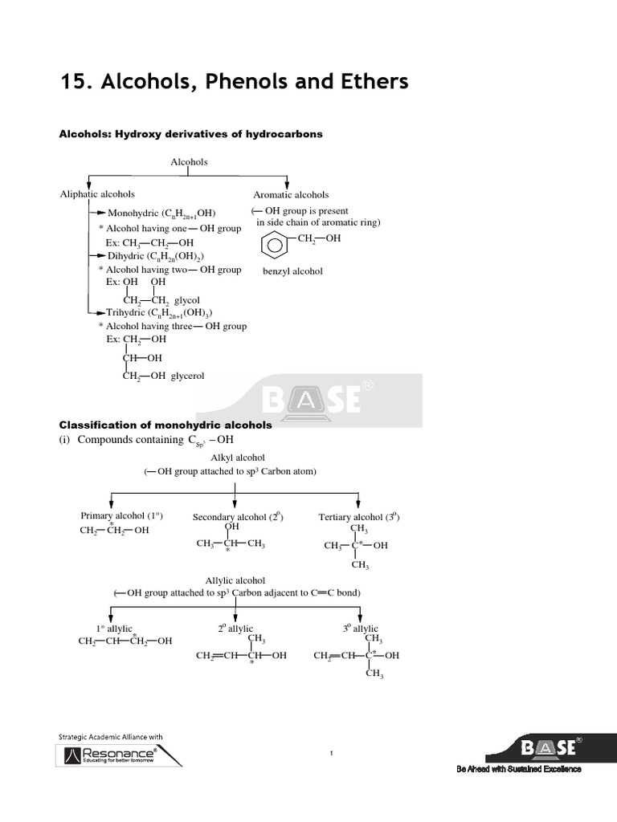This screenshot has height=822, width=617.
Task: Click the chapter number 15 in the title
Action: pos(74,82)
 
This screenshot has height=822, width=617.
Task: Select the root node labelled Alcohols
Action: pos(189,161)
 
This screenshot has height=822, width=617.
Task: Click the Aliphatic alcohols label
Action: pos(97,194)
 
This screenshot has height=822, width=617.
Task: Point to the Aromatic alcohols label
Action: pos(291,194)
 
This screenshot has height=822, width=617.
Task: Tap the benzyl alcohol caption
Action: pos(292,271)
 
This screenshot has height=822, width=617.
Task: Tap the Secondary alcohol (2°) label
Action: pos(238,517)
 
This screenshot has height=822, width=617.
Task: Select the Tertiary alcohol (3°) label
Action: pos(359,517)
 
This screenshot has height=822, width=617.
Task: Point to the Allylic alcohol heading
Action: pos(235,580)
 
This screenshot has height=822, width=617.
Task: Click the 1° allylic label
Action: pos(114,629)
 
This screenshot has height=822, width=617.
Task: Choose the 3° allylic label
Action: pos(360,629)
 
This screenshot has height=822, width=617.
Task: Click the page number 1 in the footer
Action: pos(331,752)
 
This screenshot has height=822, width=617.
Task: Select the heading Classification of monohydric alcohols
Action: pos(165,425)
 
